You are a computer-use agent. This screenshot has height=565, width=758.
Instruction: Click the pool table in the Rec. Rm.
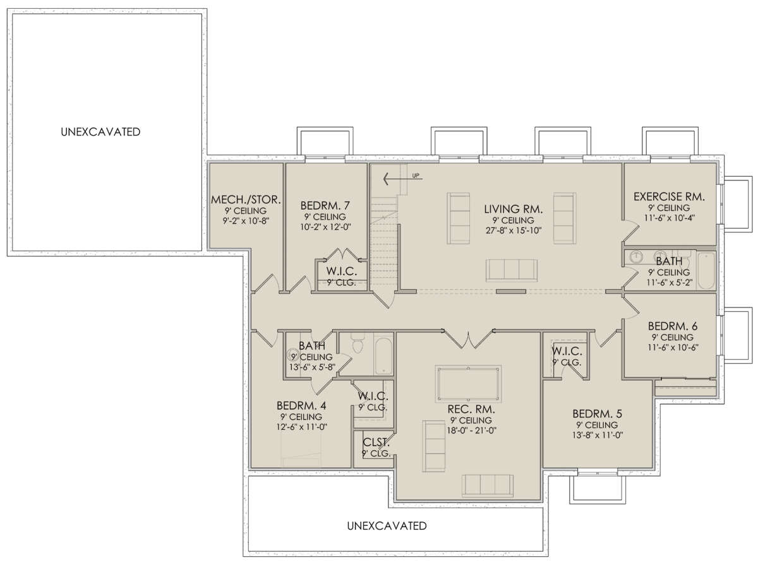tap(468, 384)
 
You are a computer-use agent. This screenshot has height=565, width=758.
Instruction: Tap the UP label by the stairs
tap(416, 175)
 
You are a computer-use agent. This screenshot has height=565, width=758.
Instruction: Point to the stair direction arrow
tap(402, 179)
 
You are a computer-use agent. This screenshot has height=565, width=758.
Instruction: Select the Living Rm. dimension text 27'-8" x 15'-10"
tap(513, 230)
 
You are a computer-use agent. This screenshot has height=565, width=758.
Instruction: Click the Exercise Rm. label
tap(669, 196)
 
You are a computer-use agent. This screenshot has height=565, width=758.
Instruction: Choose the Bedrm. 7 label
tap(325, 205)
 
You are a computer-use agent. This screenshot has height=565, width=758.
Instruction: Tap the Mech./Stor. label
tap(246, 199)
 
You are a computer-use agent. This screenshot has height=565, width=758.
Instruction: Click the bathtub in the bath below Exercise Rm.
tap(706, 271)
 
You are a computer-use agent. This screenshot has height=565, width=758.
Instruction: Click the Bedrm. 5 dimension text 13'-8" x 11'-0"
tap(597, 435)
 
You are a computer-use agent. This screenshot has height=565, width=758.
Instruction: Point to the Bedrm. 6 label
tap(672, 326)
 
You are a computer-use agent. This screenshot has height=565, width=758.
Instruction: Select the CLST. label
tap(376, 442)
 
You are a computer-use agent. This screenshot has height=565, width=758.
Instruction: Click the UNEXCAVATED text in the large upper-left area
tap(100, 132)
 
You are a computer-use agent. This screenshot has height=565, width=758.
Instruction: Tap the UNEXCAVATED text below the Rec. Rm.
tap(387, 526)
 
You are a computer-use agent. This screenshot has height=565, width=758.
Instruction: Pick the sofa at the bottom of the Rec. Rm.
tap(487, 485)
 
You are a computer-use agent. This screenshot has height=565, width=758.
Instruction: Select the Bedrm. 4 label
tap(301, 405)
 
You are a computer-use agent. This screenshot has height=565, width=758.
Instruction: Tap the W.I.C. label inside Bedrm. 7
tap(341, 271)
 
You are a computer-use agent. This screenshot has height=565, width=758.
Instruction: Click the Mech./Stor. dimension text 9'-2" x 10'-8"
tap(246, 220)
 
